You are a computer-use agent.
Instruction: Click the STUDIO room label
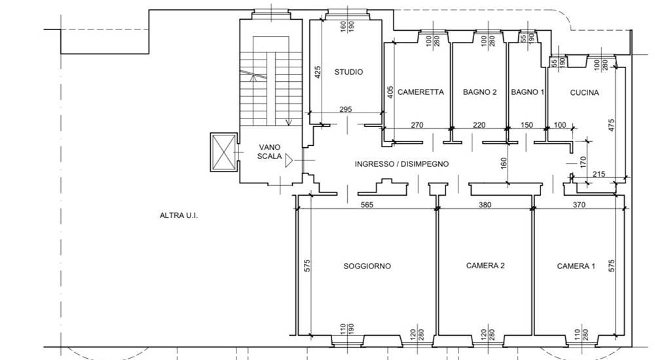tap(348, 72)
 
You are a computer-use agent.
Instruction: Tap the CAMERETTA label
tap(421, 92)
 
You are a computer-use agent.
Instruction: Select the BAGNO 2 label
tap(479, 92)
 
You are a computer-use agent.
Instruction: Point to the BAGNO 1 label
tap(527, 92)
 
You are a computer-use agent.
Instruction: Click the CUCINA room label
tap(584, 92)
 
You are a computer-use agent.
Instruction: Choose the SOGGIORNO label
tap(367, 266)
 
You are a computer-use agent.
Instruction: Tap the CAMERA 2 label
tap(485, 265)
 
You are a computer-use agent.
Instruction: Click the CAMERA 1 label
tap(576, 266)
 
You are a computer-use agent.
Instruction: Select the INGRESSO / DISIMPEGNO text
tap(402, 164)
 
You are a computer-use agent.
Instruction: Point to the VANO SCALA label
tap(269, 152)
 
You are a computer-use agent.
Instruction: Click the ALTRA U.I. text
tap(179, 215)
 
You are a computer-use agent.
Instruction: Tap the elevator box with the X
tap(223, 152)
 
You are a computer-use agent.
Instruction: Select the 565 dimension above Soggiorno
tap(367, 205)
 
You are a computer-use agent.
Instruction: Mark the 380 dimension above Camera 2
tap(485, 205)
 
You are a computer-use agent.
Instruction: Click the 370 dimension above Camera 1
tap(579, 205)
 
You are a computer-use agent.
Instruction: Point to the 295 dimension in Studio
tap(345, 109)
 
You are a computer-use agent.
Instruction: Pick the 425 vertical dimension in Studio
tap(318, 72)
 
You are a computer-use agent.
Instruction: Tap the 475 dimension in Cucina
tap(611, 126)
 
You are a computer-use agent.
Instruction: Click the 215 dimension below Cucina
tap(599, 174)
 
